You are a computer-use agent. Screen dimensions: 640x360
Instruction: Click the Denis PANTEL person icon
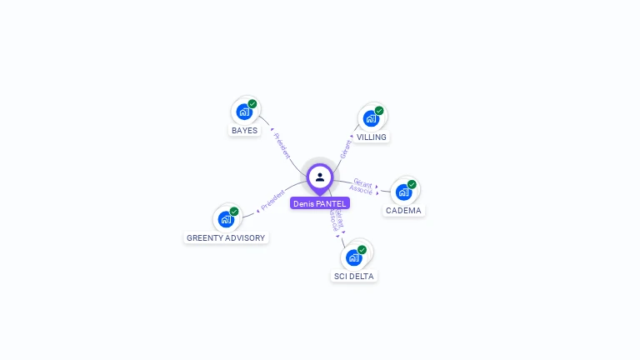[x=320, y=177]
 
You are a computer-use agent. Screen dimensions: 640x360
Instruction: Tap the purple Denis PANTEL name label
[x=320, y=203]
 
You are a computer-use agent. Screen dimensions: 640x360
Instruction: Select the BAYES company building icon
[x=243, y=112]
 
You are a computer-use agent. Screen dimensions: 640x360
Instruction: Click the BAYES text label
[x=244, y=131]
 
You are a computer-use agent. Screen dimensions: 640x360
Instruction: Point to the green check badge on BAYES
[x=252, y=104]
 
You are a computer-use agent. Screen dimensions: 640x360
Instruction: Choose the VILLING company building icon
[x=370, y=118]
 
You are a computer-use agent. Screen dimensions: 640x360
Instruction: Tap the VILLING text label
[x=372, y=137]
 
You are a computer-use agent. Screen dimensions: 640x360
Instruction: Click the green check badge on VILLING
[x=379, y=111]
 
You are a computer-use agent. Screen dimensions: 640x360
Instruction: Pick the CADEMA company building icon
[x=403, y=192]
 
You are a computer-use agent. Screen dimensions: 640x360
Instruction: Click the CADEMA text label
[x=404, y=211]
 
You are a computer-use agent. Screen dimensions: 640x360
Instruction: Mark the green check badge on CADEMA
[x=412, y=184]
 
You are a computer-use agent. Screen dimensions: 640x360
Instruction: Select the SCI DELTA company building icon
[x=353, y=257]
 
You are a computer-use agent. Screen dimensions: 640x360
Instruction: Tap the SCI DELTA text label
[x=354, y=276]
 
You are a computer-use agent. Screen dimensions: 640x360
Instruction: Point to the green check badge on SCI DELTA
[x=362, y=249]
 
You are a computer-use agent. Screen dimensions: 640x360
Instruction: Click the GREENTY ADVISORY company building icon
[x=225, y=219]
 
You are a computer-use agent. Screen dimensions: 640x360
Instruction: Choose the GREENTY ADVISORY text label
[x=226, y=238]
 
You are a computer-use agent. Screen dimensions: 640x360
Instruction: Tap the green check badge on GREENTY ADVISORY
[x=234, y=212]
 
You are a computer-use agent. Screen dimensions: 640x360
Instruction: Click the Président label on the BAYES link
[x=282, y=144]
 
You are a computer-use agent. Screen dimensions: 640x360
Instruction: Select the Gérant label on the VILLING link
[x=346, y=148]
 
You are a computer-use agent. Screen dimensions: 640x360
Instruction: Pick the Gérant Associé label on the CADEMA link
[x=362, y=186]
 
